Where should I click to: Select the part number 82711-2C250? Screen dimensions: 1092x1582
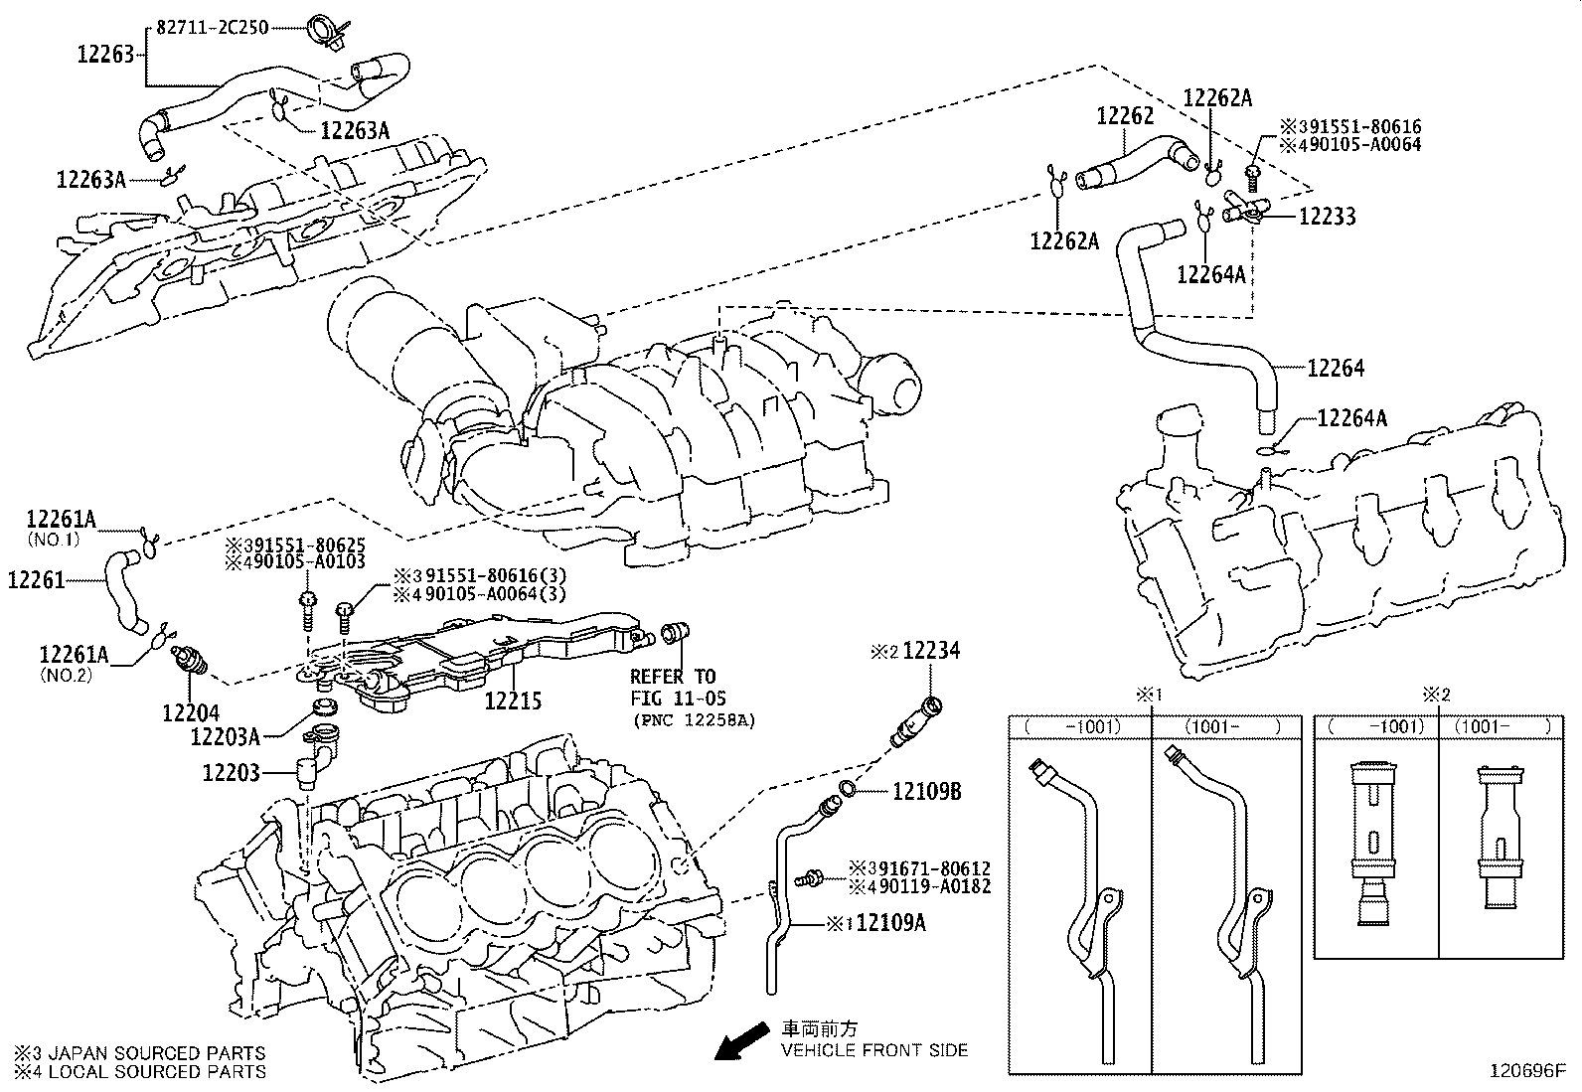211,28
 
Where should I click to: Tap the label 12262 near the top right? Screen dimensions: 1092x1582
1125,116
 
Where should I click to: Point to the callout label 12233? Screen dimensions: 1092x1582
1327,217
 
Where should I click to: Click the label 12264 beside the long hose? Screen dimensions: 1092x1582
1335,369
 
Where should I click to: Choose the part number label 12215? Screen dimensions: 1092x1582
513,702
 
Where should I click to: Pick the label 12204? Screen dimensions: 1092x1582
191,712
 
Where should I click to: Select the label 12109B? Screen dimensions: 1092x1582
926,792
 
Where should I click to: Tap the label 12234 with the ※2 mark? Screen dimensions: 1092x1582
932,651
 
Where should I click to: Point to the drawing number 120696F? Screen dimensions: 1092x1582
1525,1072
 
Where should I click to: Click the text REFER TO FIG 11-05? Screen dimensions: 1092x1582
673,686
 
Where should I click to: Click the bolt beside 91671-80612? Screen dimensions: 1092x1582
812,877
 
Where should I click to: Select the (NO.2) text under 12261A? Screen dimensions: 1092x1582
65,673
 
